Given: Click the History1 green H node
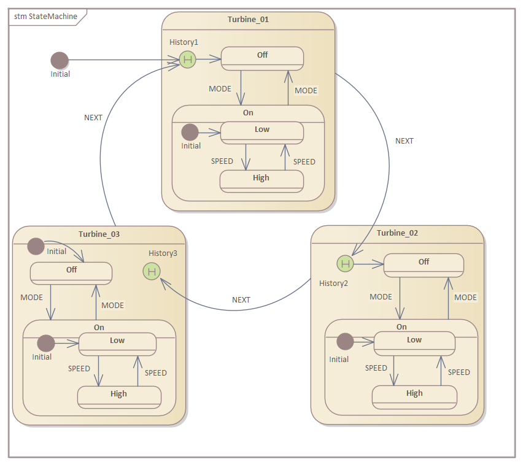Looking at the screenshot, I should [187, 60].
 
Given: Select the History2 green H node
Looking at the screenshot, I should [346, 264].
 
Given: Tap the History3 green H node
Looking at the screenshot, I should [151, 271].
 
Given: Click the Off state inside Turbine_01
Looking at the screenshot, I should [262, 58].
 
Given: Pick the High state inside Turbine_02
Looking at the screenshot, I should [414, 396].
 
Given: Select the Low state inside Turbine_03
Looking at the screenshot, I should [117, 343].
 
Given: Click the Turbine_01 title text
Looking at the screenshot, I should [248, 20].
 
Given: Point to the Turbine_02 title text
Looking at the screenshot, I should [397, 233].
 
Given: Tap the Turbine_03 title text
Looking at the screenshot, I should [99, 234].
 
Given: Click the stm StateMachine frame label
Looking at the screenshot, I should [46, 17].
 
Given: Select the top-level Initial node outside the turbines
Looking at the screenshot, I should [59, 60].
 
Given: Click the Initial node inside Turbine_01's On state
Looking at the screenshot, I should [190, 132].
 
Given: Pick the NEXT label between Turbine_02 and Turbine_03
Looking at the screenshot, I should [241, 300].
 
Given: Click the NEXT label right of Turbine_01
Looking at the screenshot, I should [404, 141].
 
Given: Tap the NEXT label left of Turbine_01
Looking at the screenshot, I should [93, 118].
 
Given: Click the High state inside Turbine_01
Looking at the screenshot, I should [261, 180].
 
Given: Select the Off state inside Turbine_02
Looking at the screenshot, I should [424, 264].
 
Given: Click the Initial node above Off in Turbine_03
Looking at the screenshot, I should [36, 246].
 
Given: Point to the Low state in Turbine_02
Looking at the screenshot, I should [414, 342].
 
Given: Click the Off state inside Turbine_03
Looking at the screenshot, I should [71, 272].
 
